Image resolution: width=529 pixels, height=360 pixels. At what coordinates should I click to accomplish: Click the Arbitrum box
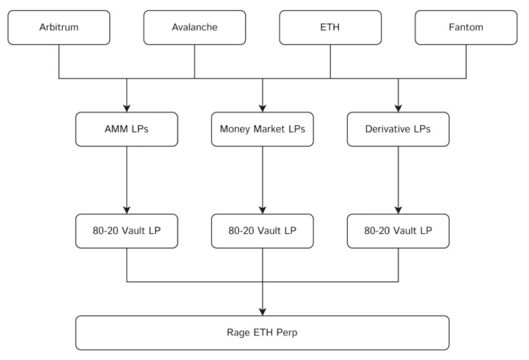59,27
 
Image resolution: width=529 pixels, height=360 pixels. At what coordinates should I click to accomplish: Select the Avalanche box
194,27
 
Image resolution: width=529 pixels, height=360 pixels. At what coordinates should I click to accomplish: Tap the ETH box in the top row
330,27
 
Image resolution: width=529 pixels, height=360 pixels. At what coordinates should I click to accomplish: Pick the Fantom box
466,27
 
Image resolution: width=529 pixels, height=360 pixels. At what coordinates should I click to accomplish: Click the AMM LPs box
126,129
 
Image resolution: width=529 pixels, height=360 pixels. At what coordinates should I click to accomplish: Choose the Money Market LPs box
262,129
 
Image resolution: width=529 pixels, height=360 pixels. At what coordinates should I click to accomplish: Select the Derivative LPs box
398,129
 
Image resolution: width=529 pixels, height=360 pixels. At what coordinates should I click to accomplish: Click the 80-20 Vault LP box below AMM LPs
126,230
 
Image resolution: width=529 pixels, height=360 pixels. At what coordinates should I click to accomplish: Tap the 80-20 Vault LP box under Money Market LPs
262,230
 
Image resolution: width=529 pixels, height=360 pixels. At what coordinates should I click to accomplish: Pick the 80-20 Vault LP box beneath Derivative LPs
398,230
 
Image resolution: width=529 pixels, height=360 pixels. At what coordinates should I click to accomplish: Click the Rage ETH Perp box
262,332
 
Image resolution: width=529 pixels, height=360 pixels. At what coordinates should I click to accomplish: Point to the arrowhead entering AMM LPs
126,108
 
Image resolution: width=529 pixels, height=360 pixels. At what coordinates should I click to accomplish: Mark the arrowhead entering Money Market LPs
262,108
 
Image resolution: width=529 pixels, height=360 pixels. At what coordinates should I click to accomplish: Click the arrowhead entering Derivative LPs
398,108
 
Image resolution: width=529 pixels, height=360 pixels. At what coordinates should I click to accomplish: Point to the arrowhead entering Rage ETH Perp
262,311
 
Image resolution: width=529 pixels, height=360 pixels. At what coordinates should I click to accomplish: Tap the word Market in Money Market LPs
266,129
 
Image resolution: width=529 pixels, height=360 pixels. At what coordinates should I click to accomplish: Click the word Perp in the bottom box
287,332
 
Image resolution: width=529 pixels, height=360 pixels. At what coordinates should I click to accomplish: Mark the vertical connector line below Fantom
466,61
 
